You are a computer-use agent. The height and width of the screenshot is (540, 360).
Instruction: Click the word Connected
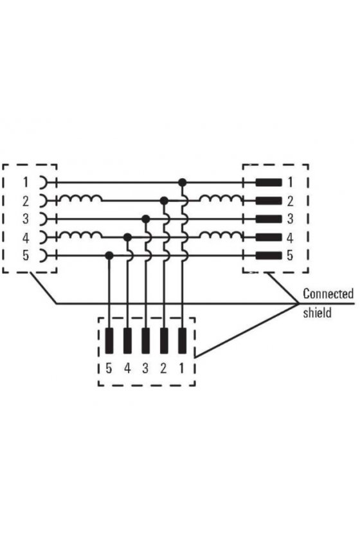[x=328, y=294]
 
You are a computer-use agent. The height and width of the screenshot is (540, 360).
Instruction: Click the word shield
[x=317, y=312]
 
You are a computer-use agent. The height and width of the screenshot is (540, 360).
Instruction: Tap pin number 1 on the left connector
[x=25, y=182]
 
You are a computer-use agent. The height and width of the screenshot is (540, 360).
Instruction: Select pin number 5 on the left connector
[x=26, y=256]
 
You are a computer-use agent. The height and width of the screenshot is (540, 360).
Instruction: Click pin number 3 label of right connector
[x=290, y=219]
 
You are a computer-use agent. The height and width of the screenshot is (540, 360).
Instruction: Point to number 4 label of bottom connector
[x=127, y=368]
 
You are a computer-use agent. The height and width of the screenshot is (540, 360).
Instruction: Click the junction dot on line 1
[x=182, y=182]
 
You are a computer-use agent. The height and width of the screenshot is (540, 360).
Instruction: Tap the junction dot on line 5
[x=109, y=256]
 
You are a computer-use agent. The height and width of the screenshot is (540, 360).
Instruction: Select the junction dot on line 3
[x=146, y=219]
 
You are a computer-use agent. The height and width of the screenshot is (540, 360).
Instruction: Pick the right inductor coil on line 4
[x=221, y=235]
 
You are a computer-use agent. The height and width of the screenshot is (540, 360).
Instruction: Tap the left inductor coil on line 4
[x=81, y=235]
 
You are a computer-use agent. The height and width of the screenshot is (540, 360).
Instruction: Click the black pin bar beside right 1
[x=269, y=182]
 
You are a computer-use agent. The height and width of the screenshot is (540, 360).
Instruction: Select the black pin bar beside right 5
[x=269, y=256]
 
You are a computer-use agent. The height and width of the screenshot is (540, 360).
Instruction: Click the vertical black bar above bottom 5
[x=109, y=341]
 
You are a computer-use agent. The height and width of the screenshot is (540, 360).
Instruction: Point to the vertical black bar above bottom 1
[x=182, y=341]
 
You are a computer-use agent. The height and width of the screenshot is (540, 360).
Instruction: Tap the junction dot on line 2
[x=165, y=201]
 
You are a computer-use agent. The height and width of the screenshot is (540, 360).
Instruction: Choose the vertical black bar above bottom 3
[x=146, y=341]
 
